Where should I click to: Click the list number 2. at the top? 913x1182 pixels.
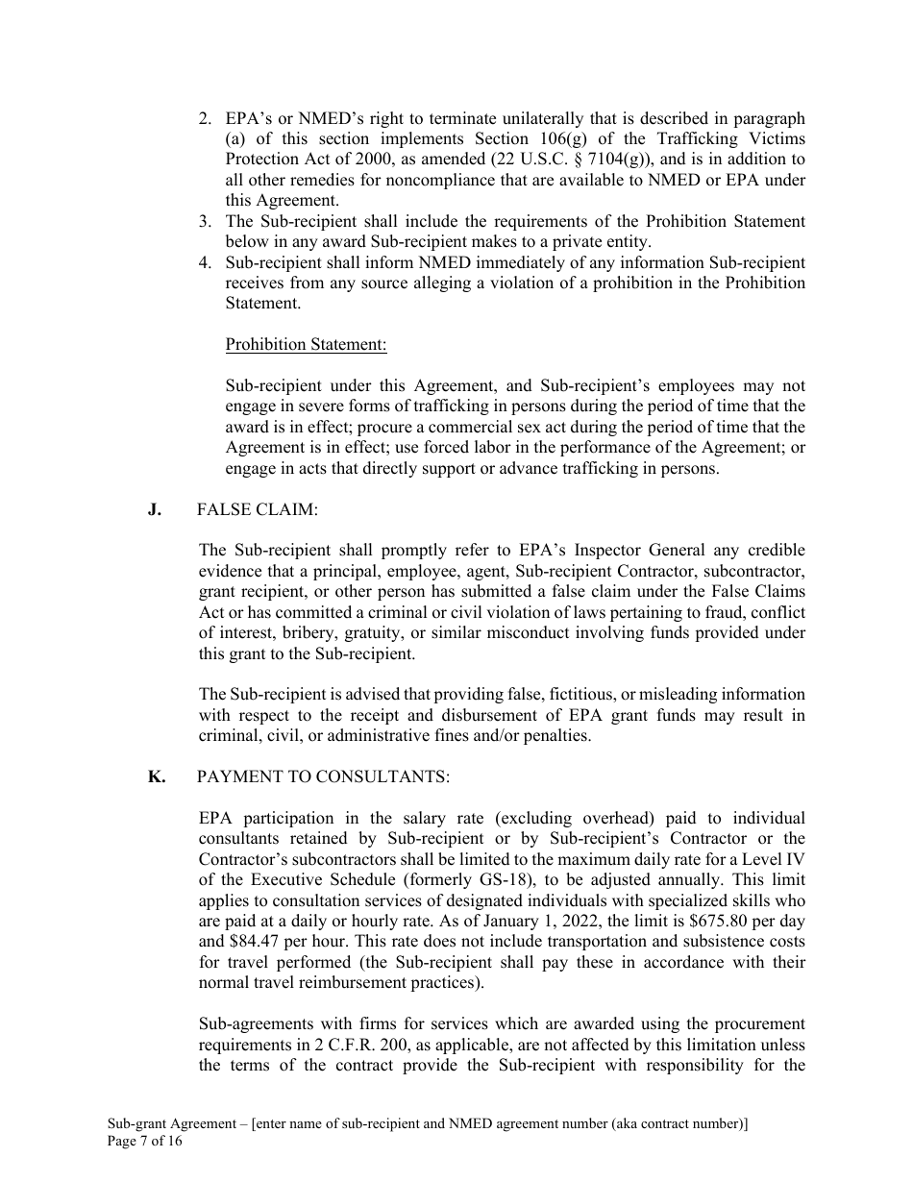(205, 118)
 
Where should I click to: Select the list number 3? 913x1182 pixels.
(205, 222)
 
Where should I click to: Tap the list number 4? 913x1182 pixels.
(205, 262)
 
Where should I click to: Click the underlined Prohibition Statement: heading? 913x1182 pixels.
(306, 344)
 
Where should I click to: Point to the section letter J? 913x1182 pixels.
(154, 510)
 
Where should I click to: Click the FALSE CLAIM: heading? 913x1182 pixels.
(257, 510)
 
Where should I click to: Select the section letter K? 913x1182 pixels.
(156, 777)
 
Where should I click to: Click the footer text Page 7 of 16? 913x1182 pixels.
(144, 1142)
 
